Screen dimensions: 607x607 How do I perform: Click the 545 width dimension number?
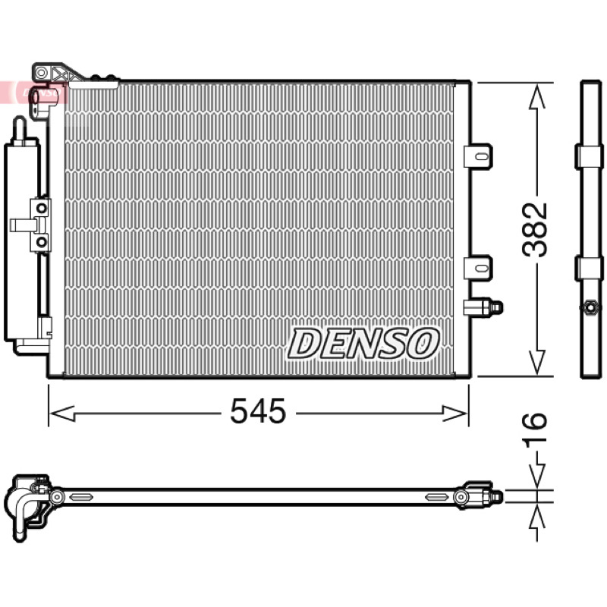click(x=258, y=410)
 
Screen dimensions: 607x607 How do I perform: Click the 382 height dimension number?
click(x=535, y=230)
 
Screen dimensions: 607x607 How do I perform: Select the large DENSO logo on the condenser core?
click(x=363, y=344)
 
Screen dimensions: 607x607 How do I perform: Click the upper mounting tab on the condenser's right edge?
click(x=479, y=156)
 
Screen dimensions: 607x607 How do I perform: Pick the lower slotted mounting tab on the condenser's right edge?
click(x=479, y=268)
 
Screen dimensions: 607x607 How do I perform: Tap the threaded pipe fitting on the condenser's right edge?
click(x=483, y=307)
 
